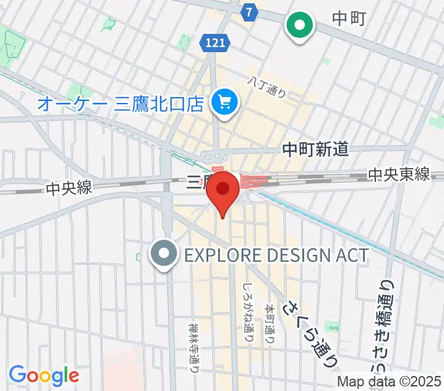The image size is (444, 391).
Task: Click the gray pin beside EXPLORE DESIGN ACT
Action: click(x=163, y=253)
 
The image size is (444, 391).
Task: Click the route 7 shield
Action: click(x=249, y=12)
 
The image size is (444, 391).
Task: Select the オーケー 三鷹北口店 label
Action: click(x=121, y=104)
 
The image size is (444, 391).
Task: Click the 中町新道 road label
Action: click(x=315, y=150)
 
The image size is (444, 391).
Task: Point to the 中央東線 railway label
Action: click(x=398, y=175)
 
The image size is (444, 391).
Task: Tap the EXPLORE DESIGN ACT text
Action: click(x=277, y=254)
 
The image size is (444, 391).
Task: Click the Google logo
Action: click(x=44, y=375)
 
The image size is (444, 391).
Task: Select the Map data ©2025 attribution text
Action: click(x=389, y=382)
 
